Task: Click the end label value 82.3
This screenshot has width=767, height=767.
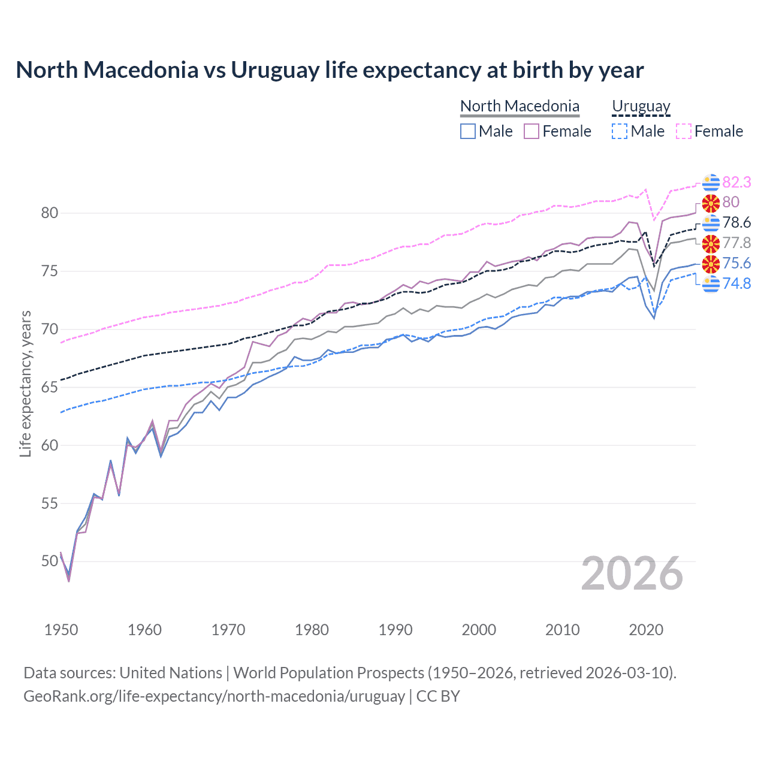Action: pyautogui.click(x=736, y=182)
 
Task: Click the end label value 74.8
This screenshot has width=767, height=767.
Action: pyautogui.click(x=736, y=283)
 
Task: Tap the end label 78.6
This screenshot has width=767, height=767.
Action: pyautogui.click(x=736, y=223)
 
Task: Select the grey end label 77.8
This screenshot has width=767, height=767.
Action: pyautogui.click(x=736, y=243)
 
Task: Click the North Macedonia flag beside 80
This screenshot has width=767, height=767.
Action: pyautogui.click(x=711, y=203)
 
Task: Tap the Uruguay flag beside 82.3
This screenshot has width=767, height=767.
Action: pyautogui.click(x=711, y=182)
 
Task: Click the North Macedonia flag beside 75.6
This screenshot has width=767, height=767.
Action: pyautogui.click(x=711, y=264)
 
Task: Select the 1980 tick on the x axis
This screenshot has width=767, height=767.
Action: pyautogui.click(x=312, y=630)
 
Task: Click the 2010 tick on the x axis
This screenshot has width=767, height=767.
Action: pyautogui.click(x=562, y=630)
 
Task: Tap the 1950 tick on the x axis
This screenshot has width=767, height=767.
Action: pyautogui.click(x=61, y=630)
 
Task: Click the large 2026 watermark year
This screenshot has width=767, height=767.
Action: pyautogui.click(x=632, y=574)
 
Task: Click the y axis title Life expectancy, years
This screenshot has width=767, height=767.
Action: pyautogui.click(x=25, y=383)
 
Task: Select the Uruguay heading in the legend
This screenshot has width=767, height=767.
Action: pyautogui.click(x=641, y=106)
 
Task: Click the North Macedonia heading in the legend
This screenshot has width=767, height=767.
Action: pyautogui.click(x=520, y=106)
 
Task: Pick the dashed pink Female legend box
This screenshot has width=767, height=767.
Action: pyautogui.click(x=684, y=131)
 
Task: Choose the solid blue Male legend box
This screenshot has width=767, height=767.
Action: pyautogui.click(x=468, y=131)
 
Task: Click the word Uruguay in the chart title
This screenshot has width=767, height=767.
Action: pyautogui.click(x=275, y=70)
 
